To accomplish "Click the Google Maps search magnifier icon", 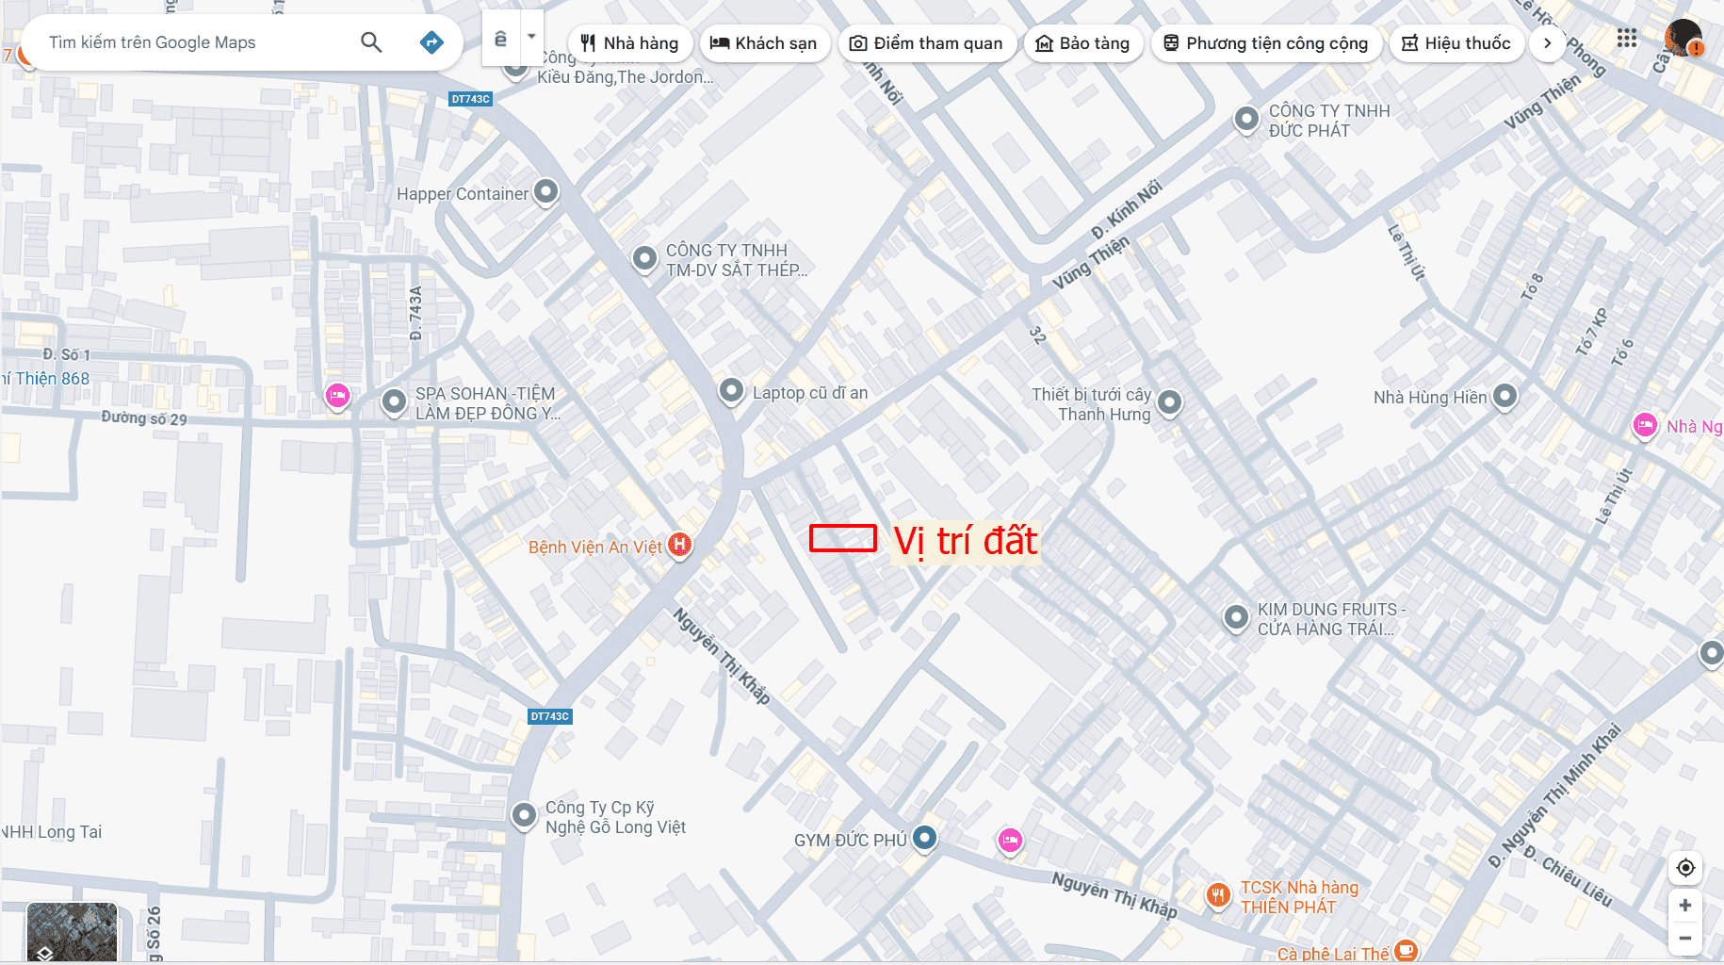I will (x=371, y=42).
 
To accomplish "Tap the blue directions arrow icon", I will (x=431, y=42).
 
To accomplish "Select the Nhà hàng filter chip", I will (x=629, y=43).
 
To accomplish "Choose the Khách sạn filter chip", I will (x=763, y=43).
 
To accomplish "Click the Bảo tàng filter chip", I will (x=1082, y=43).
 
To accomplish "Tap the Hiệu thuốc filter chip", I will (x=1456, y=43).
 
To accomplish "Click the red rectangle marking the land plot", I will (x=843, y=538).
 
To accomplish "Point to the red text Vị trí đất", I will (x=965, y=541).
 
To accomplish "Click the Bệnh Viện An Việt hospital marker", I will (x=679, y=545).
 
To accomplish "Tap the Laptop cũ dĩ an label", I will (x=809, y=393).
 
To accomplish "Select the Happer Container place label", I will (x=462, y=194).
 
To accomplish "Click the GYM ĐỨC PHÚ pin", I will (x=925, y=837).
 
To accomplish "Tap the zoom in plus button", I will (x=1685, y=906).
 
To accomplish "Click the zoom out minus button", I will (x=1685, y=938).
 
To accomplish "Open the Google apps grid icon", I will (x=1627, y=38).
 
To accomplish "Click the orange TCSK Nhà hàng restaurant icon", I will (x=1218, y=895).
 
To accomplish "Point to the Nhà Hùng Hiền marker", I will (x=1505, y=396).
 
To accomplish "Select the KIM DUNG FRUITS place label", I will (x=1330, y=619).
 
